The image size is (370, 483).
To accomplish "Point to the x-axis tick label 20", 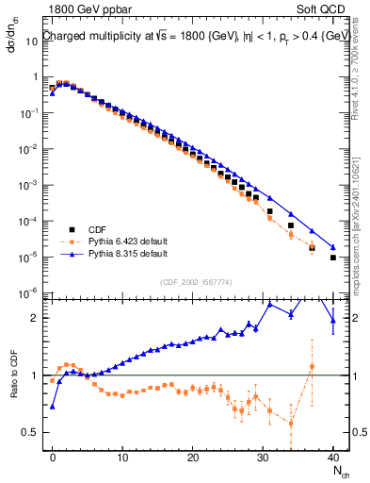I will pos(192,456).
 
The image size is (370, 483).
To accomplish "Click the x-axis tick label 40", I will pos(333,456).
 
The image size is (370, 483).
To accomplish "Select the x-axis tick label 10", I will pos(122,456).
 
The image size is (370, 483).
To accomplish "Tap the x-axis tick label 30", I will pos(263,456).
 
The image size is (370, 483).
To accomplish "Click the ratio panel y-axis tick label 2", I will pos(37,318).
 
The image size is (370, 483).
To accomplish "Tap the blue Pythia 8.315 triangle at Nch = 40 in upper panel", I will pos(333,247).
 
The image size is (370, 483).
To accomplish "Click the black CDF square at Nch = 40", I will pos(333,258).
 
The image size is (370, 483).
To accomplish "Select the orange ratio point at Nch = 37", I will pos(312,366).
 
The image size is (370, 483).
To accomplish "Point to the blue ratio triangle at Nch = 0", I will pos(53,407).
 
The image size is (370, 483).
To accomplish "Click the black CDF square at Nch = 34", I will pos(291,225).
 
